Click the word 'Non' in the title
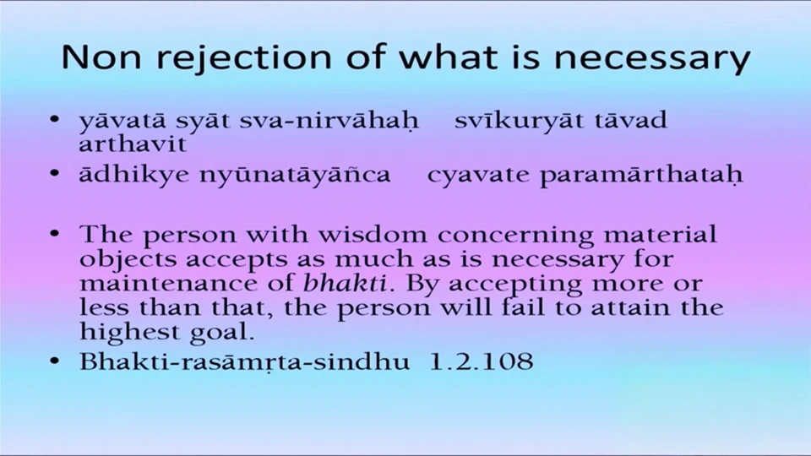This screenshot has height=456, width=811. click(101, 57)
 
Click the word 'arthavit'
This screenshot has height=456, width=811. click(133, 144)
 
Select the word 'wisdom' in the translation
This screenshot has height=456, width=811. click(373, 235)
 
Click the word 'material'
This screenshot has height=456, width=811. click(660, 234)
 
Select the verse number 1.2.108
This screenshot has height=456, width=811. click(482, 361)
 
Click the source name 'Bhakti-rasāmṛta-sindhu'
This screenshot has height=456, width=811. click(244, 361)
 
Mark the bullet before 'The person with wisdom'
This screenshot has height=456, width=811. click(55, 234)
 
